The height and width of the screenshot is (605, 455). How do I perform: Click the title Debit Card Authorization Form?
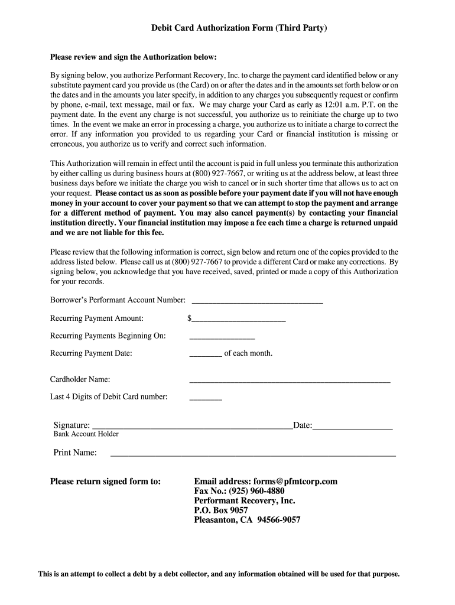[239, 28]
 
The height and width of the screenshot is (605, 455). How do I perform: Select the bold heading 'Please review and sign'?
[134, 57]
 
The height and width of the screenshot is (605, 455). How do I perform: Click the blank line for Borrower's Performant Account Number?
[258, 301]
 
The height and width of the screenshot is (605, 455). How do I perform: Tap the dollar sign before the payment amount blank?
[189, 318]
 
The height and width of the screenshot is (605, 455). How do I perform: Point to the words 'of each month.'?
[248, 353]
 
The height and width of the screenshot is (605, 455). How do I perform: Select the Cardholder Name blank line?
[290, 381]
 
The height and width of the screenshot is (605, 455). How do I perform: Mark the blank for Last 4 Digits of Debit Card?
[205, 399]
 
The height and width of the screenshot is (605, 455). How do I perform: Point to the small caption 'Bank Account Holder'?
[86, 434]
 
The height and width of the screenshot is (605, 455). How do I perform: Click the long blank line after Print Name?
[253, 455]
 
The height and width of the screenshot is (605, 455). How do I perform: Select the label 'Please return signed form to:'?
[105, 482]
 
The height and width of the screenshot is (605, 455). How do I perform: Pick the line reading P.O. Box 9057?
[221, 510]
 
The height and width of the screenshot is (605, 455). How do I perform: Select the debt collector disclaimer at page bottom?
[219, 574]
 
